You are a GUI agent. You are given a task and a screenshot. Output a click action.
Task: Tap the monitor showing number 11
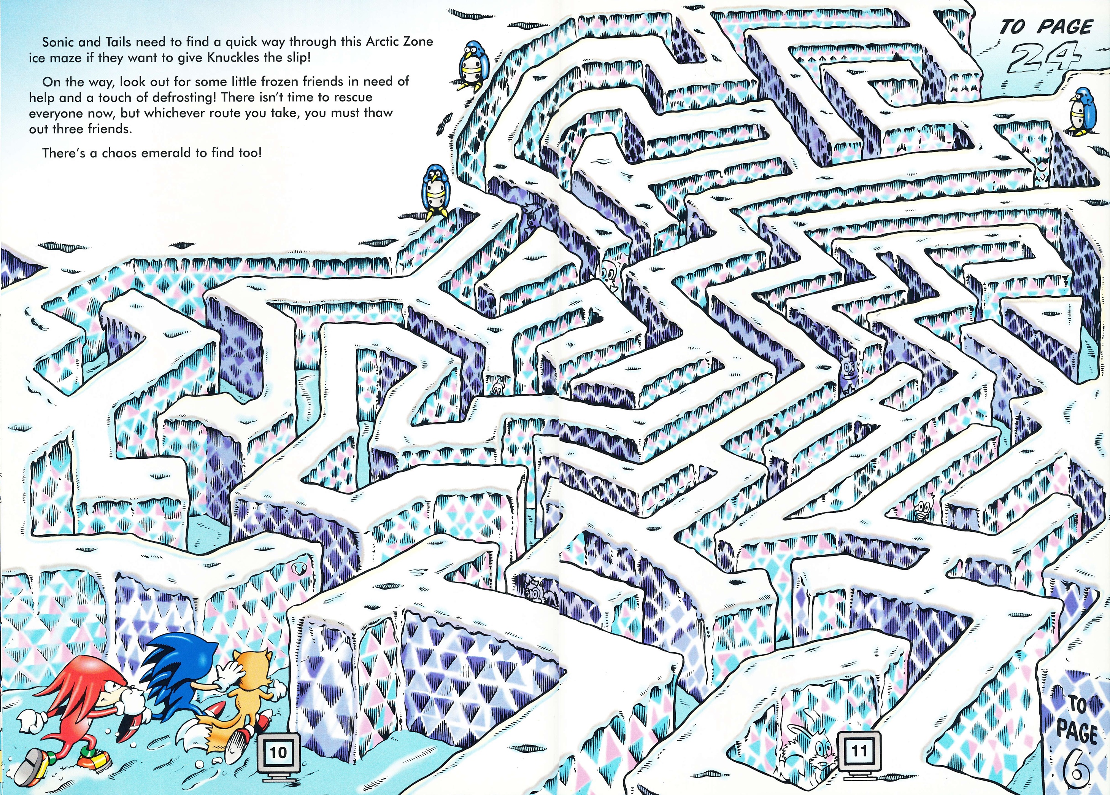click(859, 751)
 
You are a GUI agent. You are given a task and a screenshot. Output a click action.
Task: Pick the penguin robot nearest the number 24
click(1081, 111)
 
